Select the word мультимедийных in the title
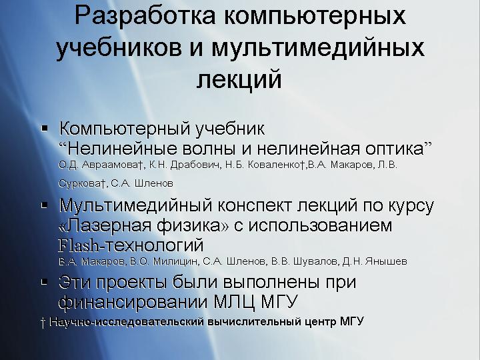(x=318, y=49)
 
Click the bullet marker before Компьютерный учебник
(x=45, y=128)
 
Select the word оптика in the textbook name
(x=394, y=149)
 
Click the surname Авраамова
(x=110, y=165)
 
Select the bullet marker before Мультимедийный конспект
(x=45, y=205)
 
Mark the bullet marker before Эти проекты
(x=45, y=281)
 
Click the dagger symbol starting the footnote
(x=43, y=323)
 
